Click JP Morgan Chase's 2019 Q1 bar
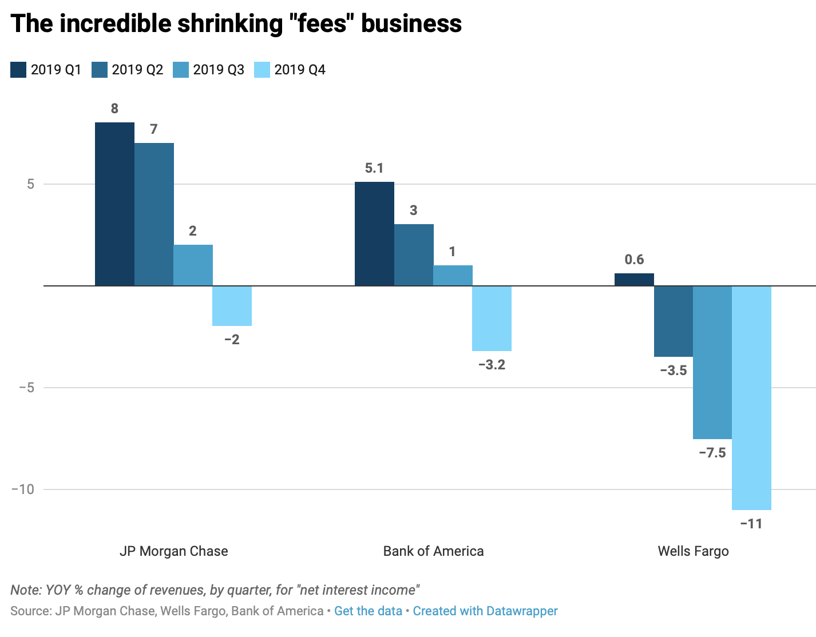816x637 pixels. point(114,204)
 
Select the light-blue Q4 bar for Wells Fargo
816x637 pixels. point(751,397)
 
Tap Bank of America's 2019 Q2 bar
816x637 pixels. point(414,255)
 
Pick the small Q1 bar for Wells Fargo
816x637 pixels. point(634,280)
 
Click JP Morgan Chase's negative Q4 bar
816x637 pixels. point(232,306)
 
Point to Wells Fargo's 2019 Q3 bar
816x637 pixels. point(712,362)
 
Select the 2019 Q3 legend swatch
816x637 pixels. point(181,70)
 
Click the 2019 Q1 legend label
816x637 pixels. point(56,70)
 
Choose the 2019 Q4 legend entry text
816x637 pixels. point(300,70)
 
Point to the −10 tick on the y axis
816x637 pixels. point(23,489)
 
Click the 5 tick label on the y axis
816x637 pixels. point(31,184)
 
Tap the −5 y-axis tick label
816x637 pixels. point(26,388)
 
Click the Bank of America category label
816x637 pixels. point(433,551)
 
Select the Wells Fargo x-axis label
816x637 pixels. point(693,551)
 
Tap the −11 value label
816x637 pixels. point(751,524)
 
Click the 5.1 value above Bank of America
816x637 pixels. point(374,168)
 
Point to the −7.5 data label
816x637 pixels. point(712,453)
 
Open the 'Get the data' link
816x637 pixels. point(368,611)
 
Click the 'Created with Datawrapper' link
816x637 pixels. point(485,611)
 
